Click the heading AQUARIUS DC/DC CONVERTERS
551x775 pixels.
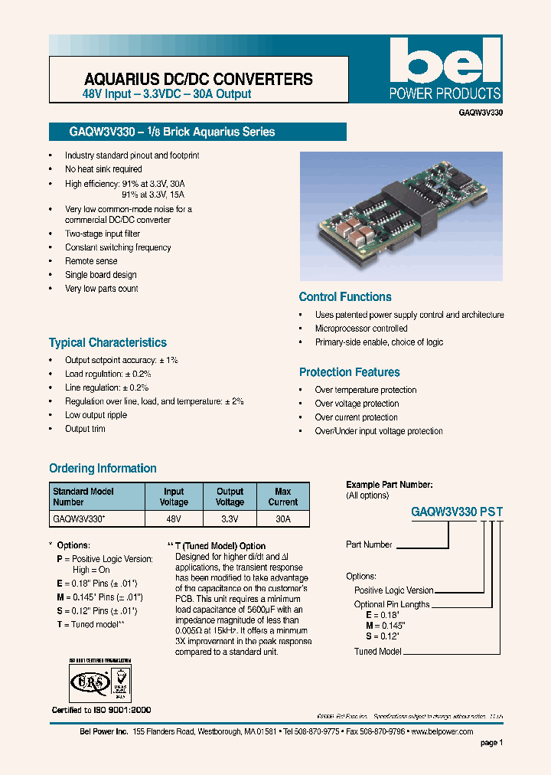[x=198, y=79]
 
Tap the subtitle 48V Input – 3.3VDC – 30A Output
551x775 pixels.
[x=167, y=94]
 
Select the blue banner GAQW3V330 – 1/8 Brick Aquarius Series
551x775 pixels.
[x=197, y=132]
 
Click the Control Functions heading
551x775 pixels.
[x=344, y=297]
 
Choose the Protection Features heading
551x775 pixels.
[x=349, y=372]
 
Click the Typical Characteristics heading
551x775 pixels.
[x=107, y=343]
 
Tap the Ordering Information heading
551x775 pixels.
[x=103, y=468]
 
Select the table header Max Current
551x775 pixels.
[x=282, y=497]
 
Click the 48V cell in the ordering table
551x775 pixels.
[x=174, y=519]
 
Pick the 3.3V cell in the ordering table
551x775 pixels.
[x=229, y=519]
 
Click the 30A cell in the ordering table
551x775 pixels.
[x=282, y=519]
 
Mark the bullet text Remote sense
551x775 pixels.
[x=91, y=261]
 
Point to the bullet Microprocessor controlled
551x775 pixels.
[x=361, y=329]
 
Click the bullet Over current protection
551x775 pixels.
[x=356, y=417]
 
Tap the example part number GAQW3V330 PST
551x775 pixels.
[x=457, y=510]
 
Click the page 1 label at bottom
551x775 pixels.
[x=491, y=743]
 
